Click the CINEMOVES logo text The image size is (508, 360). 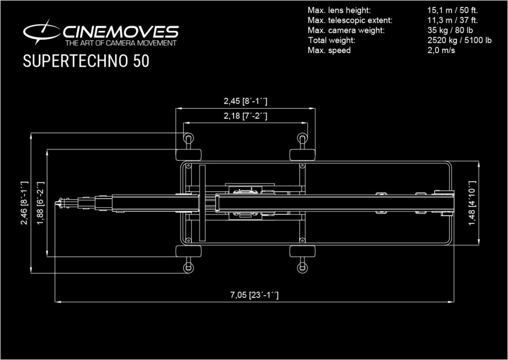121,32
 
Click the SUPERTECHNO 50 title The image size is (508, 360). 86,61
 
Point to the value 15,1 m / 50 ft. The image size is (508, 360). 452,10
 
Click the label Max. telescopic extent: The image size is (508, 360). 350,20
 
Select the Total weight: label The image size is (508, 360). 332,40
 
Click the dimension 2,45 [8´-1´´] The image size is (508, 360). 246,101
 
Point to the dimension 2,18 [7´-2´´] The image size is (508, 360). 246,116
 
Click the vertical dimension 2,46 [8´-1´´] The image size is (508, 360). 24,203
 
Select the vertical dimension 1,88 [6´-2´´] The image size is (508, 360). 40,203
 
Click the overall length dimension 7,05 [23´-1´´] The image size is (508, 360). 254,295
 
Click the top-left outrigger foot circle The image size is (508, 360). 189,137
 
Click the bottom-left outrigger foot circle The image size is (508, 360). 189,269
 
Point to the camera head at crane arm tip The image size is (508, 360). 62,203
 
